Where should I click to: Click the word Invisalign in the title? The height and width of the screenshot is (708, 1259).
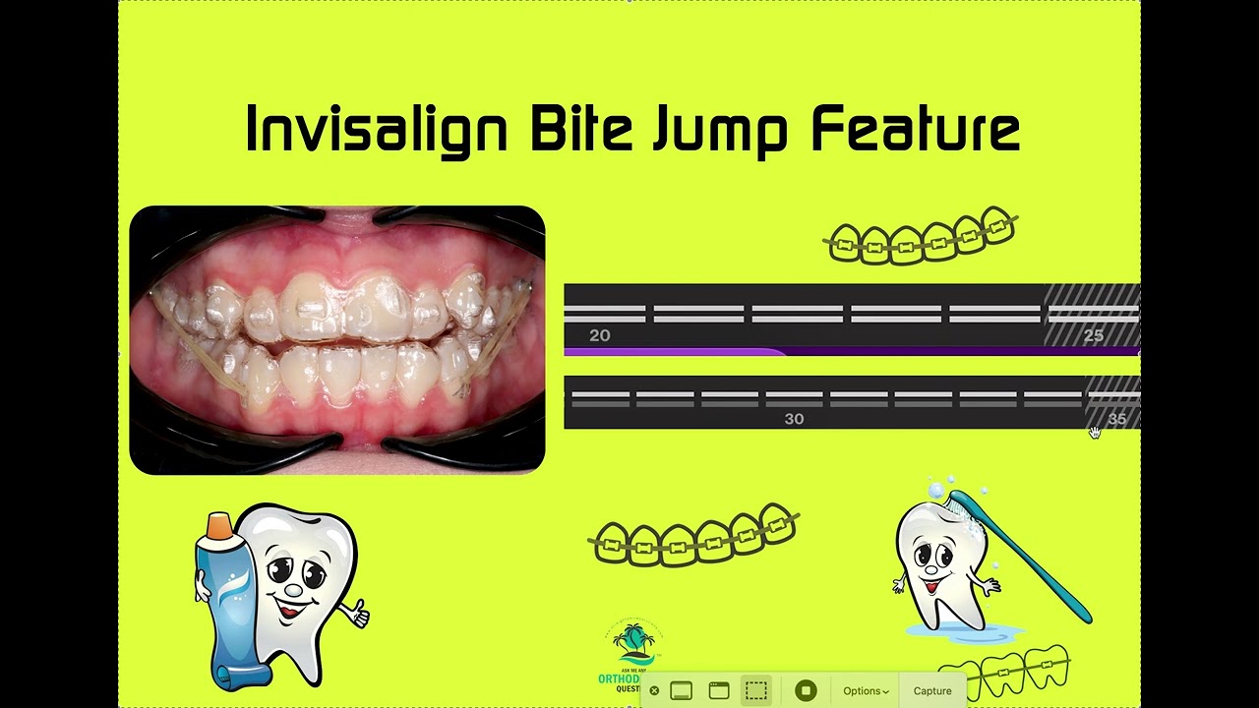click(377, 130)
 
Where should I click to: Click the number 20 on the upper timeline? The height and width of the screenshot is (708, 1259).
click(599, 336)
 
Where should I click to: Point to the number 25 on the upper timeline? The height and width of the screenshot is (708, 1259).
click(1093, 336)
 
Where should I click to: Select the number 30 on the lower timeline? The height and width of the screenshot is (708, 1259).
click(794, 419)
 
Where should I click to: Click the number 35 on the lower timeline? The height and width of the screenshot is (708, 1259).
click(1116, 419)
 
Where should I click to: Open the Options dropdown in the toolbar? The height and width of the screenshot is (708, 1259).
click(866, 691)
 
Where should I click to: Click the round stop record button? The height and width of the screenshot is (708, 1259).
click(805, 690)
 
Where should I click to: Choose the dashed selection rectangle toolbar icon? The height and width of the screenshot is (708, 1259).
click(755, 690)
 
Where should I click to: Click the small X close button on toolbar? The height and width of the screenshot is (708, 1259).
click(654, 691)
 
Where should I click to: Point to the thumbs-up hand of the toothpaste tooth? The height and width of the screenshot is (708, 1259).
click(356, 613)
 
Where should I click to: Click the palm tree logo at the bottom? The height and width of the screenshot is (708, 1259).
click(631, 644)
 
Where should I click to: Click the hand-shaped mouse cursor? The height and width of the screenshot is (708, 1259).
click(1095, 433)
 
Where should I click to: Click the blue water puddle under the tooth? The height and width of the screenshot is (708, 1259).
click(959, 631)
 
